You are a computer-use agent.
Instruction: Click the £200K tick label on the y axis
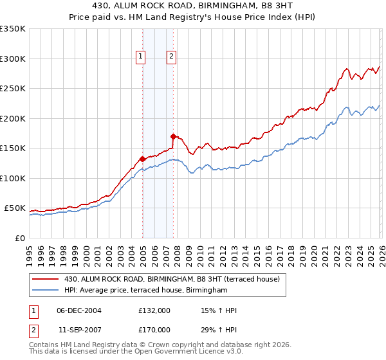12,118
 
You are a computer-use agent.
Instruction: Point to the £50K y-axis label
14,208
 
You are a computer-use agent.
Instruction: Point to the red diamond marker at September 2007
173,136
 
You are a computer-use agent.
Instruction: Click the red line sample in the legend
46,280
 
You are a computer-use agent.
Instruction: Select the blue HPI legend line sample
46,291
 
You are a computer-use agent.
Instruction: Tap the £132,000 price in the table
154,310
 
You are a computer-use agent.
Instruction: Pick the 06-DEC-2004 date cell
78,310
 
